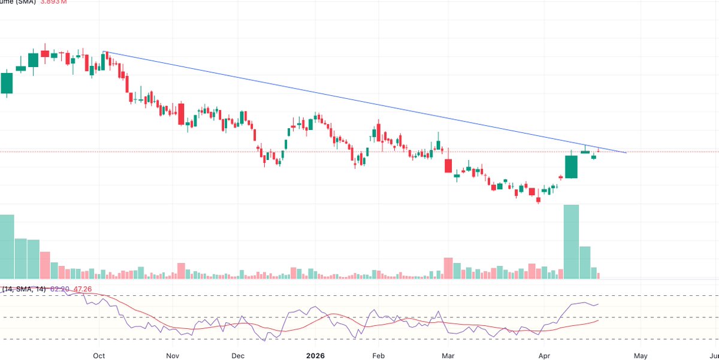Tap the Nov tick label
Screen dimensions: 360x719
[173, 355]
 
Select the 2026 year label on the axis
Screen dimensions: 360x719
[315, 355]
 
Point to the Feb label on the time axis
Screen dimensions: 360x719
[378, 355]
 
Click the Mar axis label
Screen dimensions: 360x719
[448, 355]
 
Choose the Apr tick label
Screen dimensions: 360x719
[544, 355]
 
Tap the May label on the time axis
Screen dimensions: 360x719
[641, 355]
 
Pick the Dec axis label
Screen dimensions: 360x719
[238, 355]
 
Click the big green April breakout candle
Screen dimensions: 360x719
[571, 167]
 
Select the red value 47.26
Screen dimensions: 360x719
[83, 289]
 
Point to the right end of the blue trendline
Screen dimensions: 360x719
[626, 153]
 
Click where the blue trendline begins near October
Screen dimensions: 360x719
[104, 52]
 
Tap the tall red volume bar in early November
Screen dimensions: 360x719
[181, 271]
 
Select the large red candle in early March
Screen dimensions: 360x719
[448, 165]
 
